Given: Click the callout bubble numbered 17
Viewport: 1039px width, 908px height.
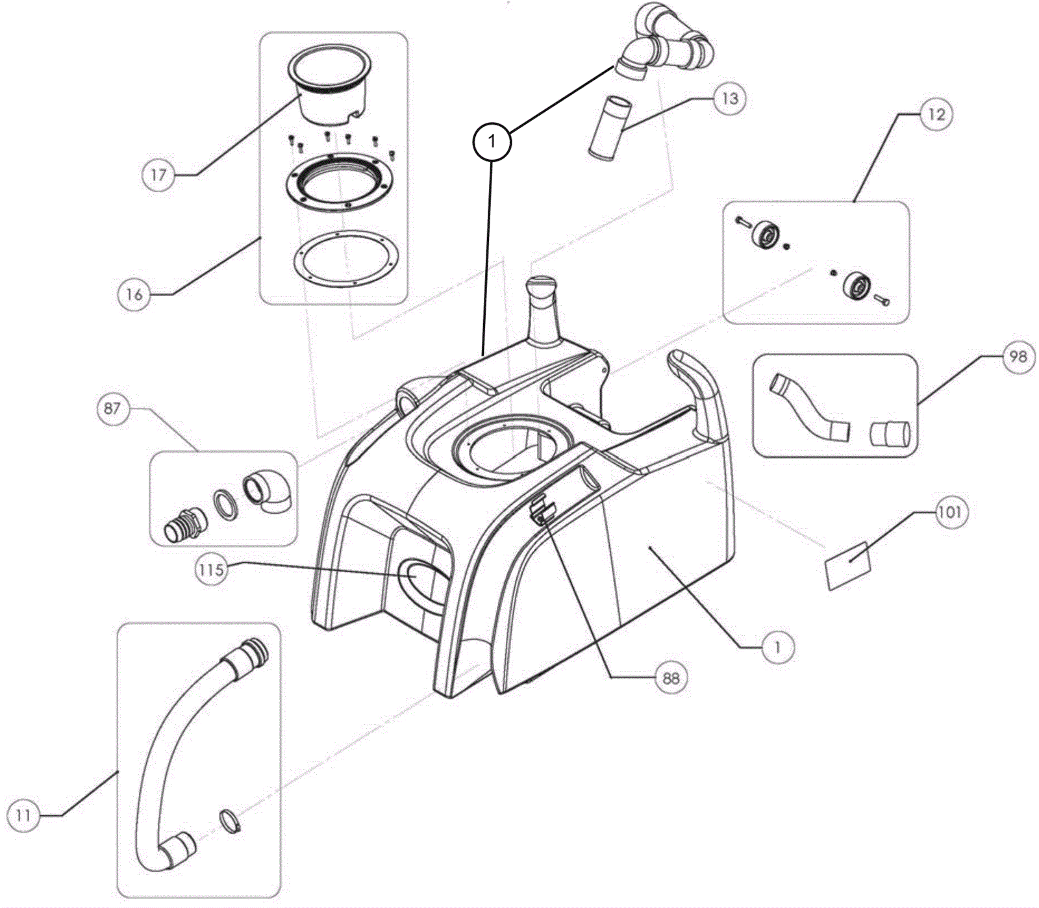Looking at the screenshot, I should point(158,175).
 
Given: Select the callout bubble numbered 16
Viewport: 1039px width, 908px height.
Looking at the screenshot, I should point(134,294).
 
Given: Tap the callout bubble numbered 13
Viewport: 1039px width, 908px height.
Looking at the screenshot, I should point(730,99).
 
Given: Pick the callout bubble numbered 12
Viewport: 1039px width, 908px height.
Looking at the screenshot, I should point(936,114).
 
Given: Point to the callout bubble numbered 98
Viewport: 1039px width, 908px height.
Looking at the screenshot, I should point(1018,356).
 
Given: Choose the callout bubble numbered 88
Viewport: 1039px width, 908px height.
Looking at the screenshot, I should point(671,678).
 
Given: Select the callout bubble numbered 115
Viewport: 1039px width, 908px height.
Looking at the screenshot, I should point(211,570).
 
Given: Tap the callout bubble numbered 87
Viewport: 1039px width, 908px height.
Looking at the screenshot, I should point(112,409).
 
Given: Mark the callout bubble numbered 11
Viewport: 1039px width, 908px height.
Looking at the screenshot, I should point(23,815).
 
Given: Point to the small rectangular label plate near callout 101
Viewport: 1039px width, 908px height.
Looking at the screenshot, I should point(847,564).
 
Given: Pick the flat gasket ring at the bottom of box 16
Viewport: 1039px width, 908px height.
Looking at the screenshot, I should point(344,257).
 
